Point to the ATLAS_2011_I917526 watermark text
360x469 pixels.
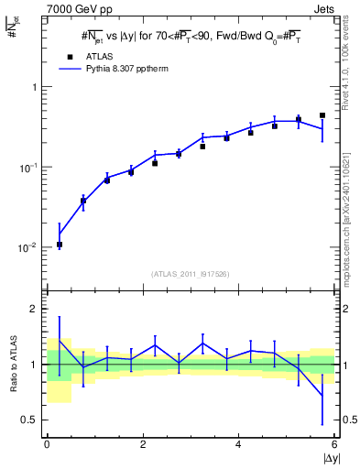[x=191, y=274]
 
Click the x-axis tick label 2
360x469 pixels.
[x=142, y=444]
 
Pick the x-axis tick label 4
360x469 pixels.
[x=238, y=444]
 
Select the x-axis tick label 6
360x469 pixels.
[x=333, y=444]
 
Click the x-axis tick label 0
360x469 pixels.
[x=47, y=444]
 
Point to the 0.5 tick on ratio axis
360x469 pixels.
[x=30, y=420]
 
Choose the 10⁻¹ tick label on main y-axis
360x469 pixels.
[x=28, y=167]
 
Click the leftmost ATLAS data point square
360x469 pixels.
[x=60, y=245]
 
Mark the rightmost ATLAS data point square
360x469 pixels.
[x=322, y=115]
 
